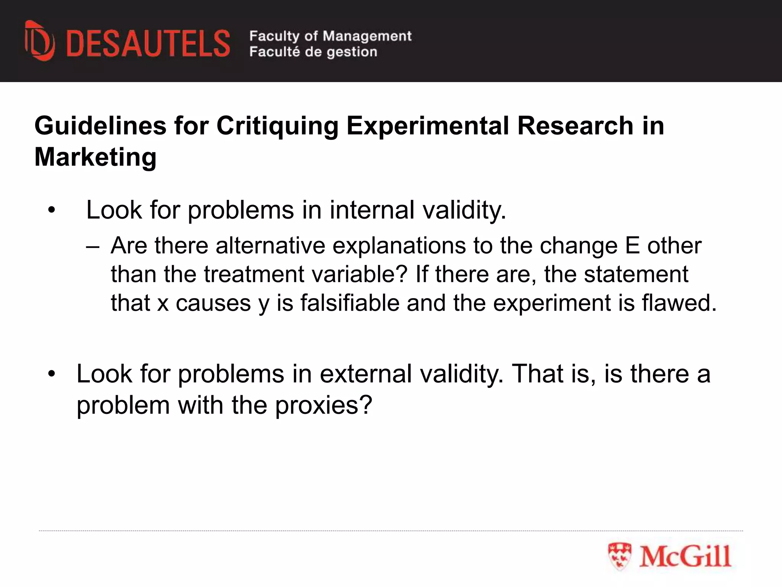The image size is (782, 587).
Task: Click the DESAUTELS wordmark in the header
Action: (148, 44)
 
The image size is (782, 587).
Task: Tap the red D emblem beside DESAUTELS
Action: (39, 41)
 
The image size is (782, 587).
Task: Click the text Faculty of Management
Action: (330, 36)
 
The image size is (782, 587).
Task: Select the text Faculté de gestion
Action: (313, 52)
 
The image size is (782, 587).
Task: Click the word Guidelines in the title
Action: (100, 126)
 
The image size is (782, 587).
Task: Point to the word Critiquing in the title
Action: (278, 126)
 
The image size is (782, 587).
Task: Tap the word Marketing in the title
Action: (95, 157)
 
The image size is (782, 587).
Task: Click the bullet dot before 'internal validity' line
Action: (52, 211)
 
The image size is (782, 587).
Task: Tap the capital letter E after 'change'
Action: (632, 245)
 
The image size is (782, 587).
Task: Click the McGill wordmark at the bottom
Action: (685, 556)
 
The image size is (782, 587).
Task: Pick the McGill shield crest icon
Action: (619, 556)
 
